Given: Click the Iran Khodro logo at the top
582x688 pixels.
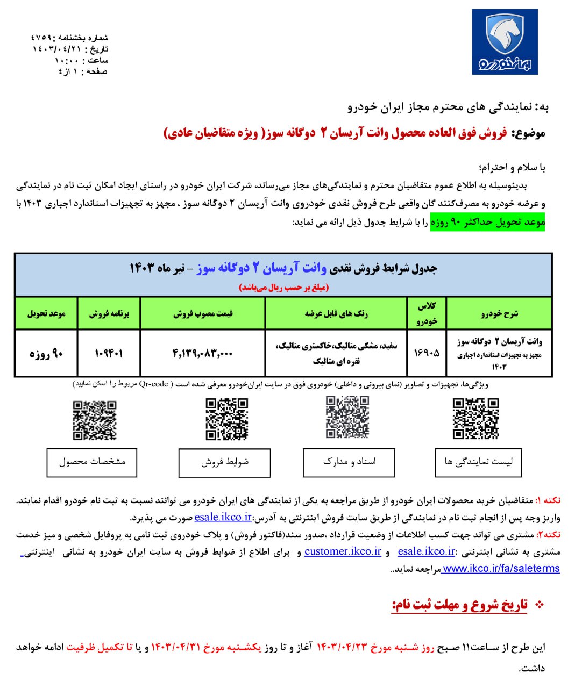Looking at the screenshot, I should pos(505,41).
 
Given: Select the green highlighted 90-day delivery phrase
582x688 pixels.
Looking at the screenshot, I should pos(487,222).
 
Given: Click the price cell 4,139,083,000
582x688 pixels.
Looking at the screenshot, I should pos(202,353).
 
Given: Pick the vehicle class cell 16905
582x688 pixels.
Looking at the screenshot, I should pos(426,353).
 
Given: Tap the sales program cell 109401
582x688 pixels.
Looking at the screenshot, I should pos(109,353).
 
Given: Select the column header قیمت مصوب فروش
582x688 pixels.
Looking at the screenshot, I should pos(202,313).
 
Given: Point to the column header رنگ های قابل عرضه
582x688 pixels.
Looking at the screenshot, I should pos(336,313).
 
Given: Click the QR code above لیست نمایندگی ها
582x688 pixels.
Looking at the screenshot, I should pos(475,419).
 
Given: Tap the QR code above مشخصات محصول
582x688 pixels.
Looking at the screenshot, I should pos(95,420).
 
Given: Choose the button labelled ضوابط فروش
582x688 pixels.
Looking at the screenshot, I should pos(224,462).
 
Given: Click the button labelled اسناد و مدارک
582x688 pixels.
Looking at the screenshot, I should pos(349,462).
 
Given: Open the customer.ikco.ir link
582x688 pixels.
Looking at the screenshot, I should pos(343,551).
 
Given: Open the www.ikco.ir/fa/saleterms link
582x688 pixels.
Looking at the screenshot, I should pos(500,569).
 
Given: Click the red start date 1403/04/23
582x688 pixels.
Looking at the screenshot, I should pos(342,647).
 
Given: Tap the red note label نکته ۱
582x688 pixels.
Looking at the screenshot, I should pos(548,500).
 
